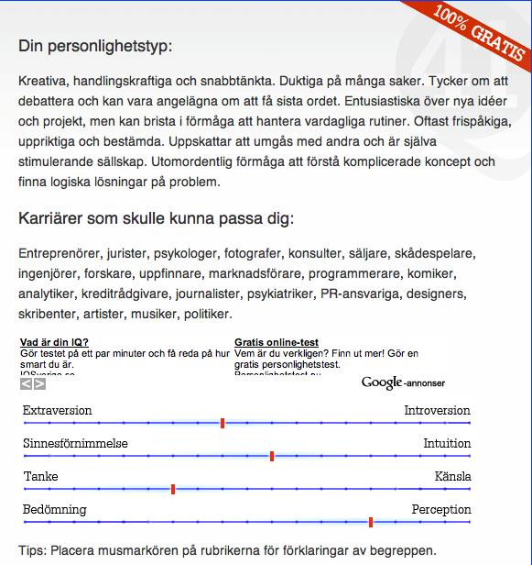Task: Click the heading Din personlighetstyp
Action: click(95, 46)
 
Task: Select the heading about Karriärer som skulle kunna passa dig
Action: click(156, 219)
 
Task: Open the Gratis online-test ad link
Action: click(277, 343)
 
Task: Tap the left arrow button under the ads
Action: click(26, 384)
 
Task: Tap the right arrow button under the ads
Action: click(39, 384)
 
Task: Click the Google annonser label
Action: click(403, 382)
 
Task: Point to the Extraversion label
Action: click(58, 411)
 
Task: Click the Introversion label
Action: click(437, 411)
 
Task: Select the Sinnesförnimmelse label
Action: click(75, 444)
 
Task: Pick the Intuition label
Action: click(447, 444)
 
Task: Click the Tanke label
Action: click(40, 477)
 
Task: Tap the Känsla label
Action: click(452, 477)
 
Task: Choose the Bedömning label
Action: click(55, 509)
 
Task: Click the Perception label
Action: click(440, 509)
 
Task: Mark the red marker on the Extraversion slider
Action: click(223, 423)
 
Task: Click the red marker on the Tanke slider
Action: click(173, 489)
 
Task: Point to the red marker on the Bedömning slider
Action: click(371, 522)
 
